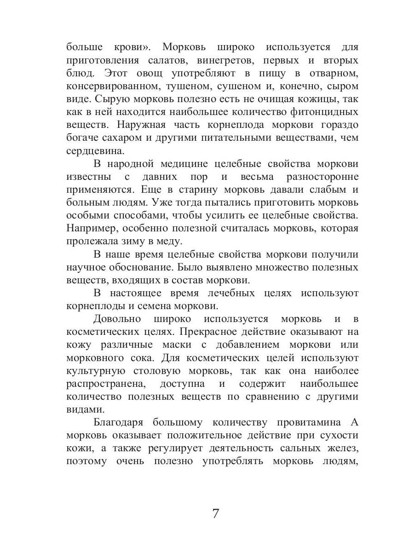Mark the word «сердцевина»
pyautogui.click(x=95, y=150)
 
